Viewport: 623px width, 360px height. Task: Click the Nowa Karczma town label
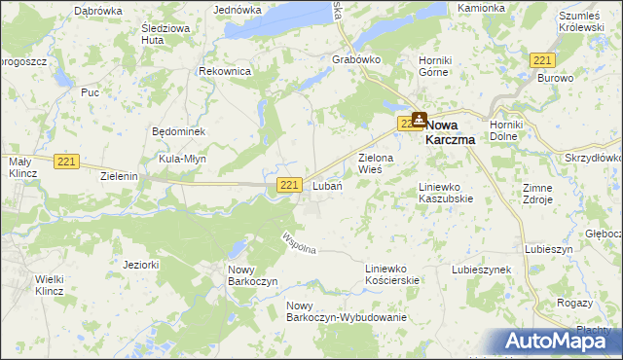point(458,131)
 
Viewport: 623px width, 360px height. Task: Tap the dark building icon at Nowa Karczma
point(419,120)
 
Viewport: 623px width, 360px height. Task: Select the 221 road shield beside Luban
point(288,185)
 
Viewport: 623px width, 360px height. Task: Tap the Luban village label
point(326,186)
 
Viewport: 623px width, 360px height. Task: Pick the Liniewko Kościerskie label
point(391,273)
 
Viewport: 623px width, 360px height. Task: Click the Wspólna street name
point(298,244)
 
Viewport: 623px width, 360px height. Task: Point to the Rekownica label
point(225,72)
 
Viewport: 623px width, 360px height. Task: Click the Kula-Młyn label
point(184,159)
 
